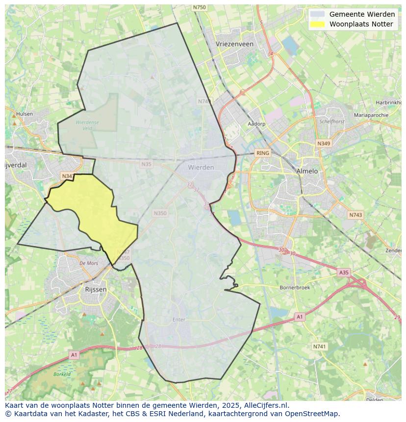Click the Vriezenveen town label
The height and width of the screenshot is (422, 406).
pos(234,44)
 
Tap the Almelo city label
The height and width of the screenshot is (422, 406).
pos(307,171)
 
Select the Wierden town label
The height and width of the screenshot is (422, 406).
pos(201,167)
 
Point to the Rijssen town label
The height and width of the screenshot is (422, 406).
pos(96,289)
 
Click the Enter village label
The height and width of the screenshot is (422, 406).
pos(179,320)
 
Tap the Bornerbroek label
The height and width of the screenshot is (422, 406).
pos(294,288)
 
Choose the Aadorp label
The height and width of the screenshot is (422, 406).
pos(256,124)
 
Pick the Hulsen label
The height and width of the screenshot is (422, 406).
pos(25,114)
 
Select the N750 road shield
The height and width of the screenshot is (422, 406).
pos(199,7)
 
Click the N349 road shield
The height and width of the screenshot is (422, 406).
pos(323,144)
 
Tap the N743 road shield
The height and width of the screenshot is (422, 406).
pos(355,215)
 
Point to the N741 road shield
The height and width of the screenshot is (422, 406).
pos(319,347)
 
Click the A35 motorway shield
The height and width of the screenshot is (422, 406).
pos(344,272)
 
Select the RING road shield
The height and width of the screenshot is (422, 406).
pos(263,153)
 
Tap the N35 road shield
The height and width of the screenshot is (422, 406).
pos(146,164)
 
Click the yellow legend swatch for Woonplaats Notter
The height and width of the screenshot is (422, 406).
pos(317,24)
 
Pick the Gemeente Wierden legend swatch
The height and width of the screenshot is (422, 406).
pos(317,14)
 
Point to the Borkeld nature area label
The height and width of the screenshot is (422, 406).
pos(62,374)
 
